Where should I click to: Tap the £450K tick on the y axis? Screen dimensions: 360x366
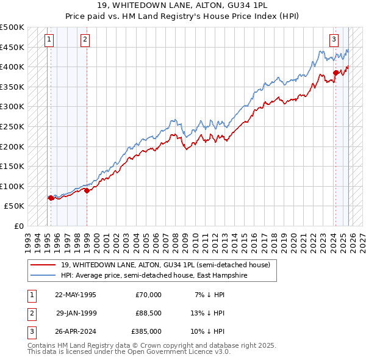point(12,47)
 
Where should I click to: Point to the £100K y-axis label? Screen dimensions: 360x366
point(12,186)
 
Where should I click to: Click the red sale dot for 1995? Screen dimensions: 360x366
point(51,198)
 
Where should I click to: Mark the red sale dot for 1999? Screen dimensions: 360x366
point(87,190)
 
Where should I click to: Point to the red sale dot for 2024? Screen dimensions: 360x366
point(335,73)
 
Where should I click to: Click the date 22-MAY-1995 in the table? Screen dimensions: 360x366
point(76,295)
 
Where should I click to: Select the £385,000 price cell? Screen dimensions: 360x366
point(147,331)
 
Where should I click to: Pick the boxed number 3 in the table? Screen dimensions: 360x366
point(31,331)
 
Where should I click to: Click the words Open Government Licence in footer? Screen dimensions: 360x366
point(173,352)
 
